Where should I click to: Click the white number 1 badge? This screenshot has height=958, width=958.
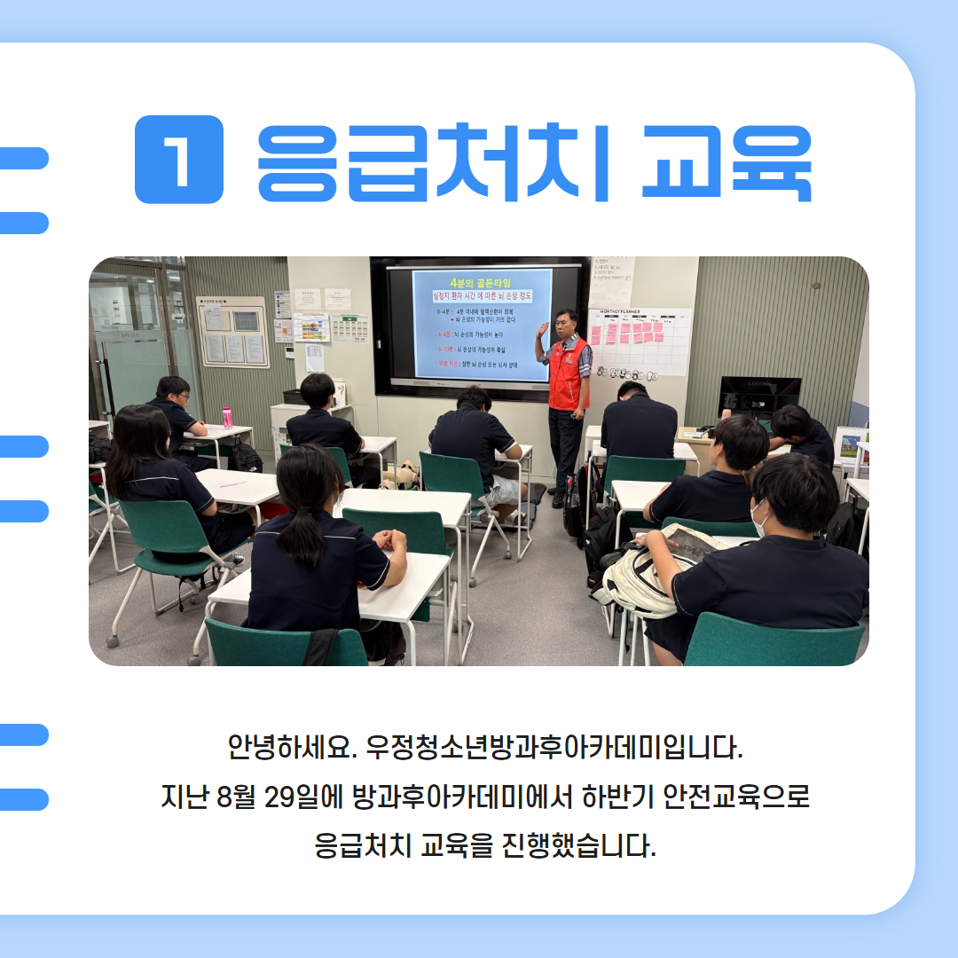[179, 160]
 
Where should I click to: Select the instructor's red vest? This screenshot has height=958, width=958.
[568, 373]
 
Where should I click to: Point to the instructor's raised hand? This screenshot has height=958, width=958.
[542, 330]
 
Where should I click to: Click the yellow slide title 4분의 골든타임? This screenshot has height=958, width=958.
[480, 280]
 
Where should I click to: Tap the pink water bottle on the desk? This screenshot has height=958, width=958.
[227, 417]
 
